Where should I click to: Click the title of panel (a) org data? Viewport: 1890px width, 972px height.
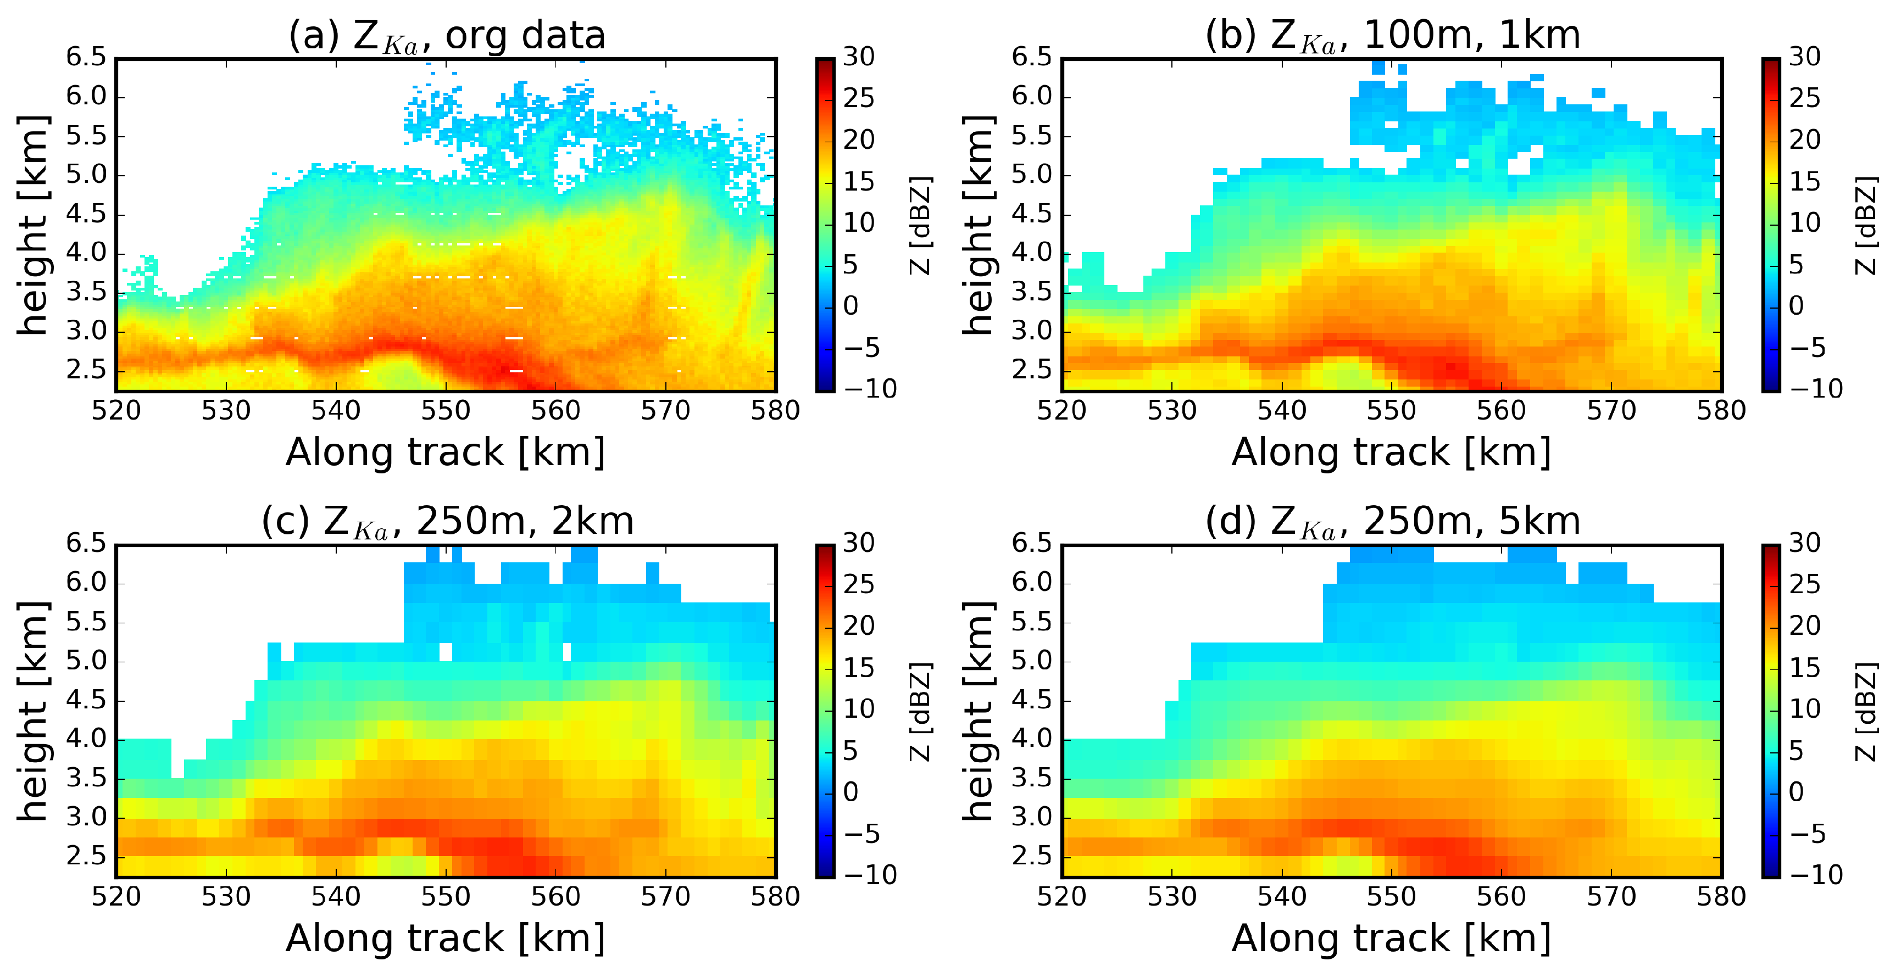coord(446,35)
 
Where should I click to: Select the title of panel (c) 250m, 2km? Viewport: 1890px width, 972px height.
coord(446,522)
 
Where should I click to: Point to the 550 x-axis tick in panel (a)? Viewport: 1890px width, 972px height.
coord(446,410)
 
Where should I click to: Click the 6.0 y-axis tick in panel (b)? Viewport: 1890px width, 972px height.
coord(1033,96)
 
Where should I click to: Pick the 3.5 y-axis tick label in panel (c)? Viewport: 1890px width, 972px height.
coord(87,778)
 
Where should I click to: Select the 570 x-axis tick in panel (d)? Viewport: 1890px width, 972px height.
coord(1611,896)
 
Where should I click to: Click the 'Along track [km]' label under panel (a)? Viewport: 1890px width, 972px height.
coord(446,452)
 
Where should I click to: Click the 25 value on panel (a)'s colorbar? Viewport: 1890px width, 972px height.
coord(858,98)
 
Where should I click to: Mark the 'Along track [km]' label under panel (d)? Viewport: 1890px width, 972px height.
coord(1392,939)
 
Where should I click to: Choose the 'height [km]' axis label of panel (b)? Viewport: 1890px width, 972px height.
coord(979,225)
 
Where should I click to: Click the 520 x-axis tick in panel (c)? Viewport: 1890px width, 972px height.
coord(116,896)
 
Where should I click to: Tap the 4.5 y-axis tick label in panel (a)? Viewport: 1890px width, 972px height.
coord(87,214)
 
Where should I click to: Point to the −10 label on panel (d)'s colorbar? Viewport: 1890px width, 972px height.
coord(1816,874)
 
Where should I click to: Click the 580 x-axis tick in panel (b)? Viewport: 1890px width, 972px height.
coord(1721,410)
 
